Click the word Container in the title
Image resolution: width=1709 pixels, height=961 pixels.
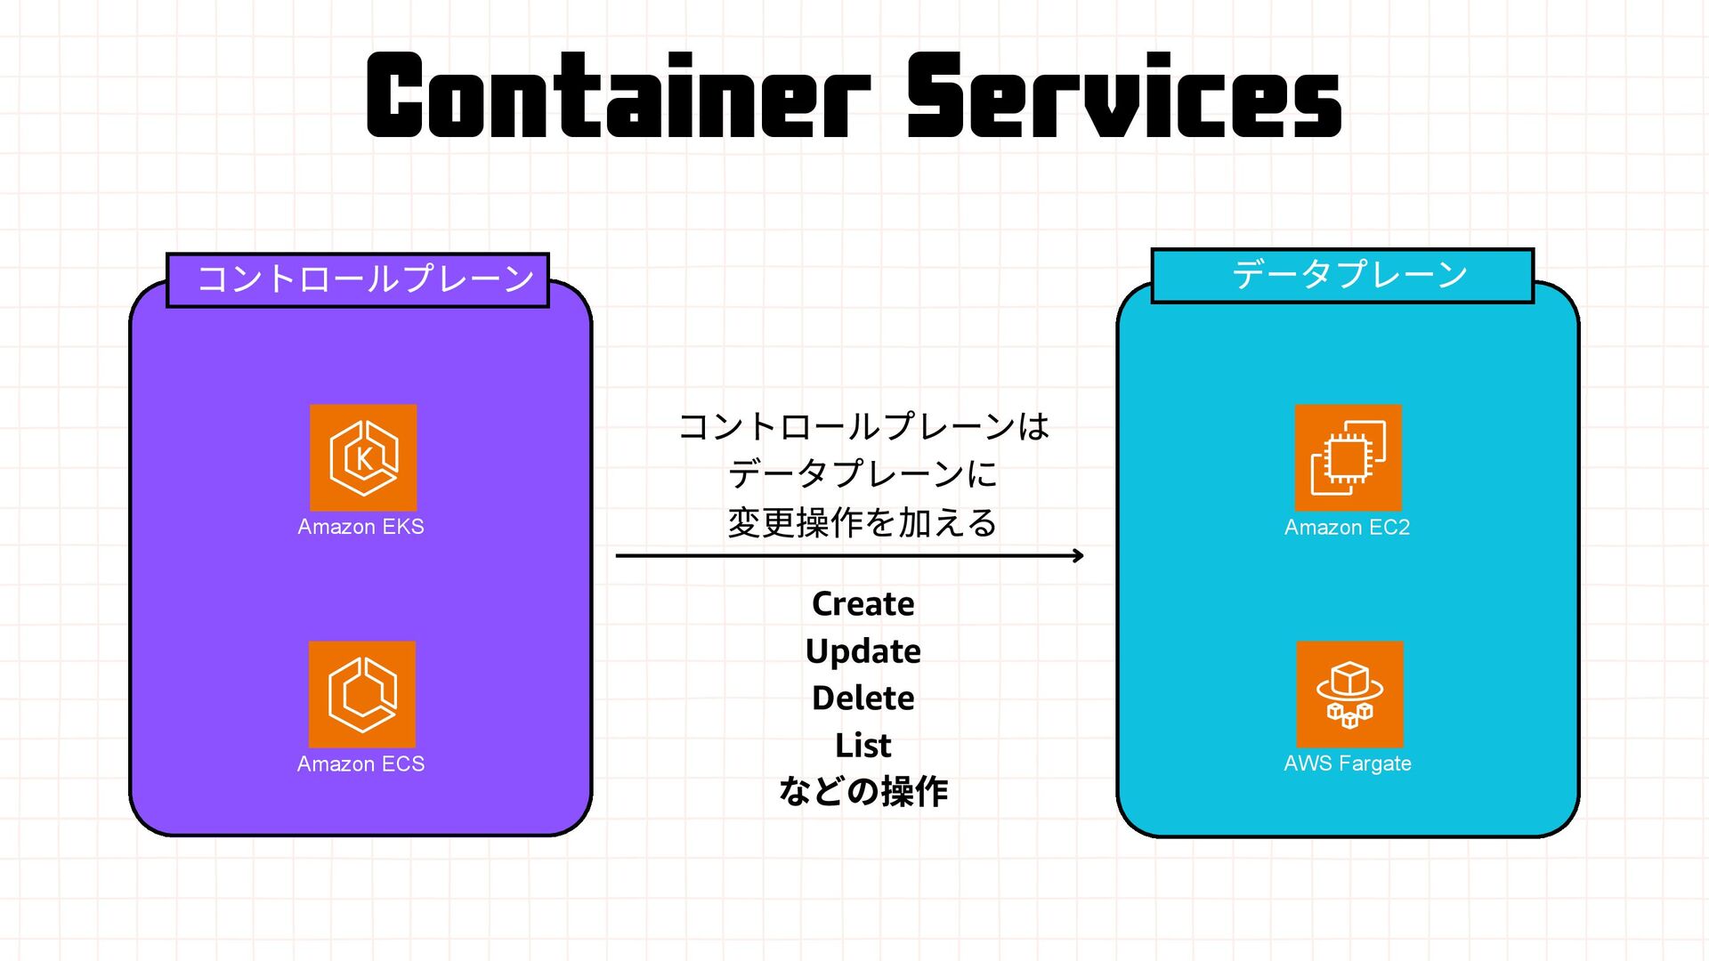[x=618, y=96]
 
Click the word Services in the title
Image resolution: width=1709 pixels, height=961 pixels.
[x=1123, y=96]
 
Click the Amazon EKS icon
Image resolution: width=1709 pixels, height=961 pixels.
[x=363, y=457]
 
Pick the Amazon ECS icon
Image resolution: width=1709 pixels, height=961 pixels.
[x=362, y=694]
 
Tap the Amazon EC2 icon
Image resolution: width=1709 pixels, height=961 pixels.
[x=1348, y=457]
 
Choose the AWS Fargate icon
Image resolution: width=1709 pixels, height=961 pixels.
[x=1349, y=694]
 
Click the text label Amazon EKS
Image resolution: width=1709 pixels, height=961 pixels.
[x=360, y=527]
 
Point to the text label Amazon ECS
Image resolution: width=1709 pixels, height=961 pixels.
[x=360, y=763]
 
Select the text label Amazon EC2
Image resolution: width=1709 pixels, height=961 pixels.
[x=1347, y=527]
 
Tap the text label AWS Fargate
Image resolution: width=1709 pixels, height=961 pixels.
[x=1347, y=763]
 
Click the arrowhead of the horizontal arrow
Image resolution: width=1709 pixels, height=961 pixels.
[x=1078, y=555]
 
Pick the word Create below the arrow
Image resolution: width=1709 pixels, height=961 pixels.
[x=863, y=604]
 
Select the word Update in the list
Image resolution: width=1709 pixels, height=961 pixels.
[x=863, y=651]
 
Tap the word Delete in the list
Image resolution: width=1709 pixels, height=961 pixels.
[x=863, y=699]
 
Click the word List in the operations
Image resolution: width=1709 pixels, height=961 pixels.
[x=863, y=745]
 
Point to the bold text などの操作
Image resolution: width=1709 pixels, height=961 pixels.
[x=863, y=791]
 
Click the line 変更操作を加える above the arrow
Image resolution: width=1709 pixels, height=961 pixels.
[x=863, y=522]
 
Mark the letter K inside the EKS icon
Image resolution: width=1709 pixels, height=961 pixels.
[x=364, y=459]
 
